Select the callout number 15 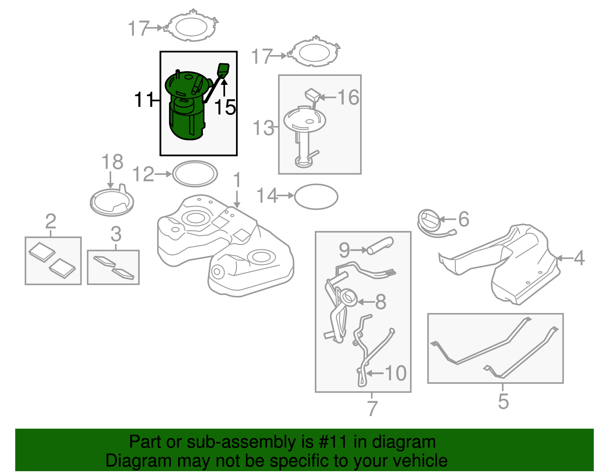click(x=225, y=107)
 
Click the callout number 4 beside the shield click(x=579, y=258)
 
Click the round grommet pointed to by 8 click(x=349, y=297)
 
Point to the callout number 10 click(x=396, y=373)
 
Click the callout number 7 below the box click(x=372, y=408)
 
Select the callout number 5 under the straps click(x=503, y=401)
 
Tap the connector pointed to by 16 click(x=312, y=95)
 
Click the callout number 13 click(x=263, y=128)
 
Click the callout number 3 click(x=116, y=234)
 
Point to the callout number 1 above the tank click(x=237, y=180)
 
